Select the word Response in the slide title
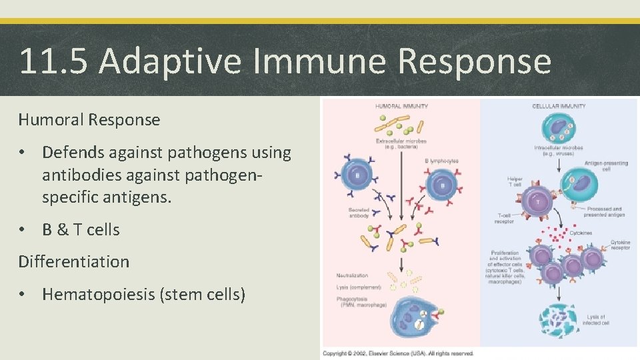coord(474,61)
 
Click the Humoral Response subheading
coord(89,120)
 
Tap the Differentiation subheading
coord(74,261)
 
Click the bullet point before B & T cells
coord(24,230)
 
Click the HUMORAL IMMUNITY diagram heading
coord(402,106)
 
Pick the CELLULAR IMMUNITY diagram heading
coord(559,106)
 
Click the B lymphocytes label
coord(441,161)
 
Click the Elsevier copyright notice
coord(398,353)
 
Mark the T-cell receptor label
coord(505,219)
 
